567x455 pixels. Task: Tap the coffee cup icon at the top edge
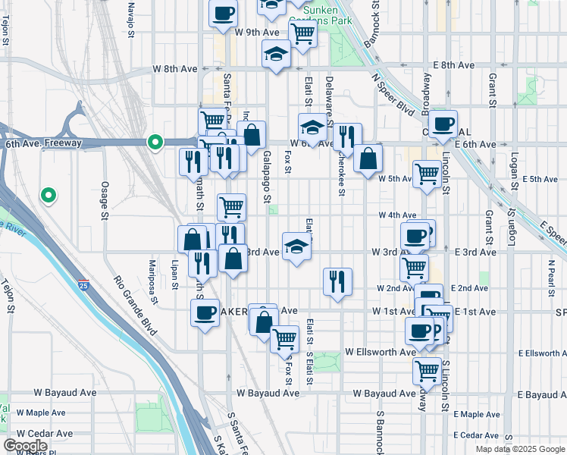tap(223, 14)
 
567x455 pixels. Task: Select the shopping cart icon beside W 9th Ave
tap(302, 33)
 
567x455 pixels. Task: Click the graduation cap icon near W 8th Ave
tap(276, 54)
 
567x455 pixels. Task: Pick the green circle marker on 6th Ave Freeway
tap(155, 142)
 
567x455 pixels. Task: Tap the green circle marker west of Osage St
tap(49, 196)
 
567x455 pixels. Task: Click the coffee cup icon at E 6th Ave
tap(443, 124)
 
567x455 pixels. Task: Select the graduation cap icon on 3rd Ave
tap(296, 246)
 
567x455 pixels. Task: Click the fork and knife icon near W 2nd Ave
tap(337, 281)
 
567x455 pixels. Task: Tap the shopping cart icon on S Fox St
tap(285, 338)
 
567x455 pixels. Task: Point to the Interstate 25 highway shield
tap(83, 284)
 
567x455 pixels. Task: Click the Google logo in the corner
tap(25, 446)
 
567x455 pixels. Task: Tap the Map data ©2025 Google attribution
tap(519, 449)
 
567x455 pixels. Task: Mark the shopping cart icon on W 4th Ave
tap(231, 206)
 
